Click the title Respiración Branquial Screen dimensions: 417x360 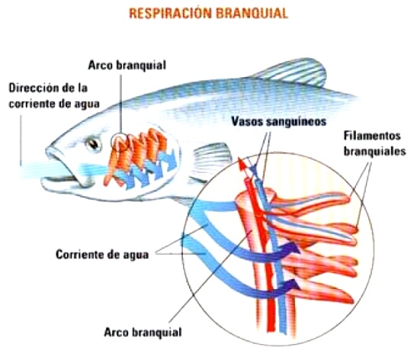[x=209, y=13]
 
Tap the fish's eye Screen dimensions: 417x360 [x=94, y=144]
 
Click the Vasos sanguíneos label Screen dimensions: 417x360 [x=279, y=121]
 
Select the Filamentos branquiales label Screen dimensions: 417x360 [x=374, y=143]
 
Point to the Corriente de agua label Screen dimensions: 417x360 [x=102, y=255]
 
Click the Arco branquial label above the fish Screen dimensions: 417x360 [x=127, y=65]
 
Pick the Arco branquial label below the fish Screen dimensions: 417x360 [x=143, y=333]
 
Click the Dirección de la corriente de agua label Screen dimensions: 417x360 [x=54, y=96]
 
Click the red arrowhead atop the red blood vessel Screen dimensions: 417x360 [x=242, y=164]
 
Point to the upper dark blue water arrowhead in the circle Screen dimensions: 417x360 [x=293, y=249]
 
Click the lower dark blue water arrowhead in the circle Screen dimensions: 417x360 [x=293, y=285]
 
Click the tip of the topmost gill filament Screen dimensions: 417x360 [x=348, y=198]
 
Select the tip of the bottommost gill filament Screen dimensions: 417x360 [x=351, y=301]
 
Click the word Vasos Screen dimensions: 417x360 [x=247, y=121]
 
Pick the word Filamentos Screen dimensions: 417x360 [x=372, y=136]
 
